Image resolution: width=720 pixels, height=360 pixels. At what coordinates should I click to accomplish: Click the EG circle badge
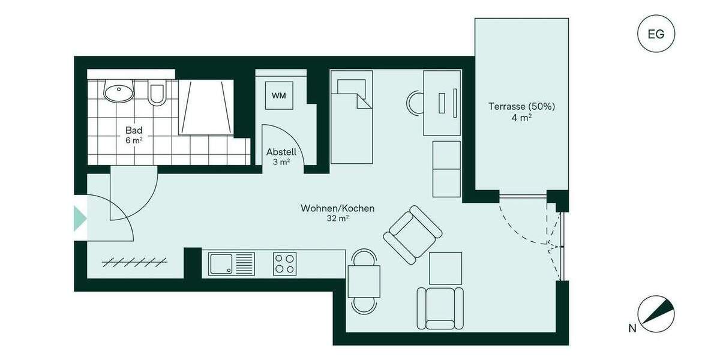656,34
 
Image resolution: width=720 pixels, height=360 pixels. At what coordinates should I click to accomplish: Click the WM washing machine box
278,95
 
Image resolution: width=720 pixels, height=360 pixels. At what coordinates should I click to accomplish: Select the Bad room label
134,130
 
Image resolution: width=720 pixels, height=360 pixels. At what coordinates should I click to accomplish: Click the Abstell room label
281,152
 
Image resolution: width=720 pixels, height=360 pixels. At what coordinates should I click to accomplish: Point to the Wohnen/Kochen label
337,208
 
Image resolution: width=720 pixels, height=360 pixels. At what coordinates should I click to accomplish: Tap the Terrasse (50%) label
521,106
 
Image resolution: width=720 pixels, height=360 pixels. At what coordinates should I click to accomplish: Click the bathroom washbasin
119,92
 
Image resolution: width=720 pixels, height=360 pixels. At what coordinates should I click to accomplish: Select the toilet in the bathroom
157,92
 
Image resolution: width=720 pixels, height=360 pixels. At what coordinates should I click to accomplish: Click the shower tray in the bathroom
205,108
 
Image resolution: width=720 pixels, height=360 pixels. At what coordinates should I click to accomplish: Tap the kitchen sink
232,264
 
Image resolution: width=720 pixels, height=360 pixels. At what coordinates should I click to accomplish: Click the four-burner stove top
284,264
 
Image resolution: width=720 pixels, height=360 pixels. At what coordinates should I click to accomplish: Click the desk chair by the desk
415,103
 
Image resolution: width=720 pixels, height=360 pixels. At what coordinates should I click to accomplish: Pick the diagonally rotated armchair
412,235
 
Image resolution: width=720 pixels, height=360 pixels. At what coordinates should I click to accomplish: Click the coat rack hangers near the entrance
135,261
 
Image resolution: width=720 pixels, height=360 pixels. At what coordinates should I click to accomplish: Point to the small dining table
364,281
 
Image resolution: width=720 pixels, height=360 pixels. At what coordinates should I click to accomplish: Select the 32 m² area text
337,219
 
